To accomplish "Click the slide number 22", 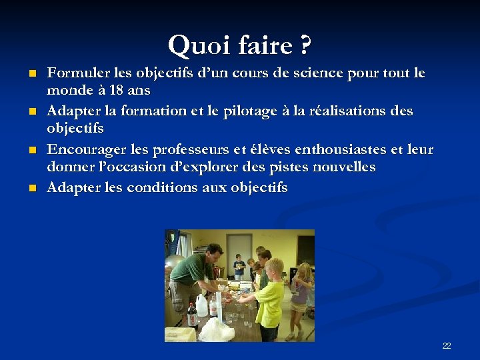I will pos(446,345).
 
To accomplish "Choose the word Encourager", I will pos(83,149).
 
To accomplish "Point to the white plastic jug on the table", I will pos(202,305).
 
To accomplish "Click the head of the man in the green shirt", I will pos(214,253).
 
